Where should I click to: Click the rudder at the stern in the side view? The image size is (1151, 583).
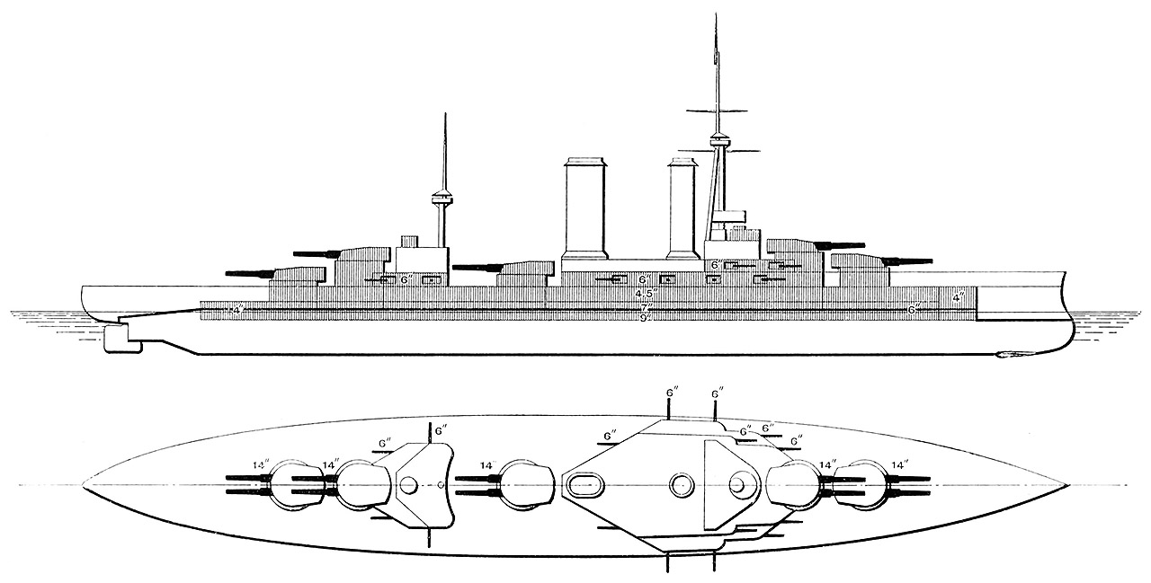tap(117, 339)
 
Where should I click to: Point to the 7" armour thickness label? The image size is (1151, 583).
tap(645, 306)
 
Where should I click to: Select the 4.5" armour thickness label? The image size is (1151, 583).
tap(645, 294)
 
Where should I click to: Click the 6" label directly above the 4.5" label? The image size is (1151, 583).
tap(644, 281)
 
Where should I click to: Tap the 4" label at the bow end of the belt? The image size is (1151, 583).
tap(959, 296)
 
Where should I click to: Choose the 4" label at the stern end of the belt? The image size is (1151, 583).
tap(237, 311)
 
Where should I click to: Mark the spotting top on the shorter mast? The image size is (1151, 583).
tap(440, 196)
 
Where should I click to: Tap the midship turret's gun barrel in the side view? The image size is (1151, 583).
tap(477, 267)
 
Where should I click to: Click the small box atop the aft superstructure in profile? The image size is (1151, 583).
tap(410, 241)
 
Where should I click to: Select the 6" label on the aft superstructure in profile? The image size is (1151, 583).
tap(406, 279)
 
